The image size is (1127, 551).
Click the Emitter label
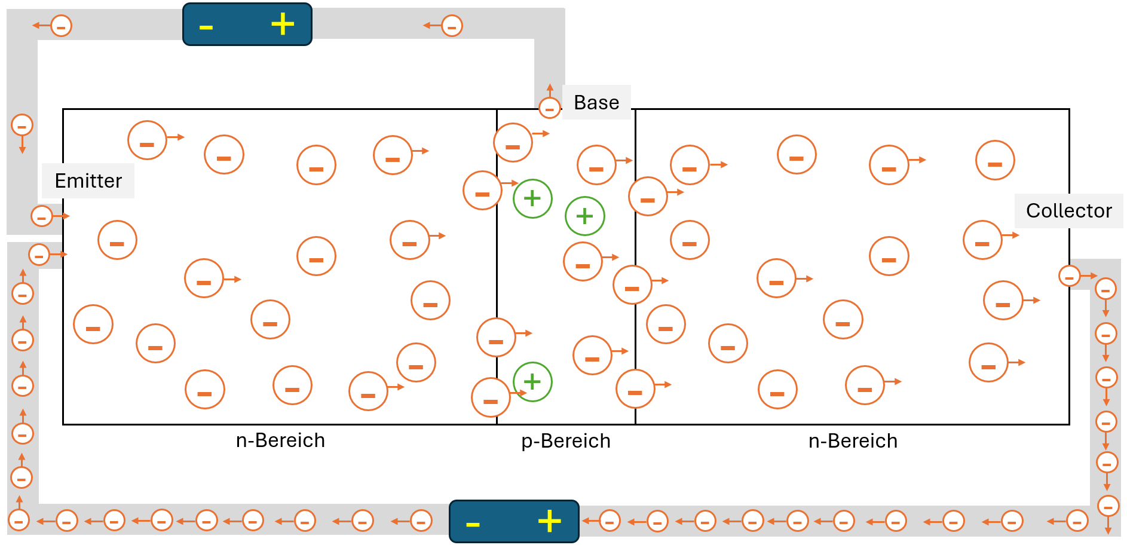pyautogui.click(x=88, y=180)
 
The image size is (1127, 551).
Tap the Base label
pyautogui.click(x=596, y=102)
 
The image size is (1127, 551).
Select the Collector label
pyautogui.click(x=1068, y=210)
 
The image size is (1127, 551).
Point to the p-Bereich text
pyautogui.click(x=566, y=441)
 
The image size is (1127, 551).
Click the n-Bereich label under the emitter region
pyautogui.click(x=280, y=440)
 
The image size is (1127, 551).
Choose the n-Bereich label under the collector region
pyautogui.click(x=853, y=441)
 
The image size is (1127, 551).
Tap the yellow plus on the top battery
pyautogui.click(x=283, y=25)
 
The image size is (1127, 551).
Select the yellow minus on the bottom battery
pyautogui.click(x=473, y=525)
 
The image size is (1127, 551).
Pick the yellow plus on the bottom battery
pyautogui.click(x=549, y=521)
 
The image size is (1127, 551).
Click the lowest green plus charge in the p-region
pyautogui.click(x=532, y=381)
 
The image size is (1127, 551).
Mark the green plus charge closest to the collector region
pyautogui.click(x=584, y=216)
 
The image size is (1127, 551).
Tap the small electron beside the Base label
pyautogui.click(x=549, y=108)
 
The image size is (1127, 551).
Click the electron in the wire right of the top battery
pyautogui.click(x=452, y=26)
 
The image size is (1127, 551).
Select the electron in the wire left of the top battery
pyautogui.click(x=61, y=26)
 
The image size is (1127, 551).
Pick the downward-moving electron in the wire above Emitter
pyautogui.click(x=22, y=125)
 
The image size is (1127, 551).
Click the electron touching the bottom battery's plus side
pyautogui.click(x=609, y=521)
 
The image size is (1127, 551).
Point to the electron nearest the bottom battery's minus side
pyautogui.click(x=421, y=521)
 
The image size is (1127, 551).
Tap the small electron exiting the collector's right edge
pyautogui.click(x=1069, y=276)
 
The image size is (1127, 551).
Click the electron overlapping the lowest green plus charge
pyautogui.click(x=491, y=397)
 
